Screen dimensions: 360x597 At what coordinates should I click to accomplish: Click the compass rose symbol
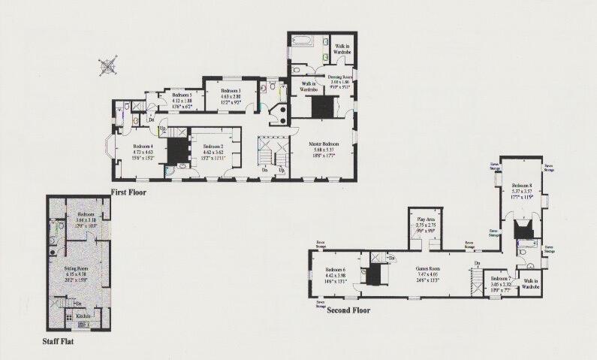(108, 66)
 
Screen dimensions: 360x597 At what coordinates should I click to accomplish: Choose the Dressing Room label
(336, 77)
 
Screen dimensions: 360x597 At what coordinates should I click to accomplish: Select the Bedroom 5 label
(183, 95)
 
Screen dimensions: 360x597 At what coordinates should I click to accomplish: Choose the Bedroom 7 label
(501, 280)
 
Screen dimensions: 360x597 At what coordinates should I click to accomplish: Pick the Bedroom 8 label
(521, 185)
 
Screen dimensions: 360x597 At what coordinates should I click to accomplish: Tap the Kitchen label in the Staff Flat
(84, 316)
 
